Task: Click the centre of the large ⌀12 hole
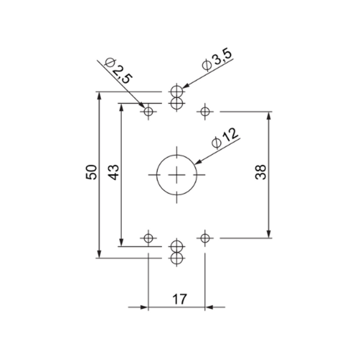176,175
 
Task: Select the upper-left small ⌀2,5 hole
148,111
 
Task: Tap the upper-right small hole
205,111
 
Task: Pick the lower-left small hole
148,238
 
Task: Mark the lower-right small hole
205,238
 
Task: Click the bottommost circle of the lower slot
176,258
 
